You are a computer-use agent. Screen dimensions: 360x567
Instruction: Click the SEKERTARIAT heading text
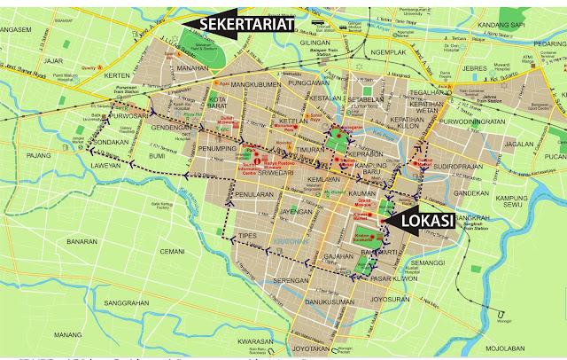pos(245,24)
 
